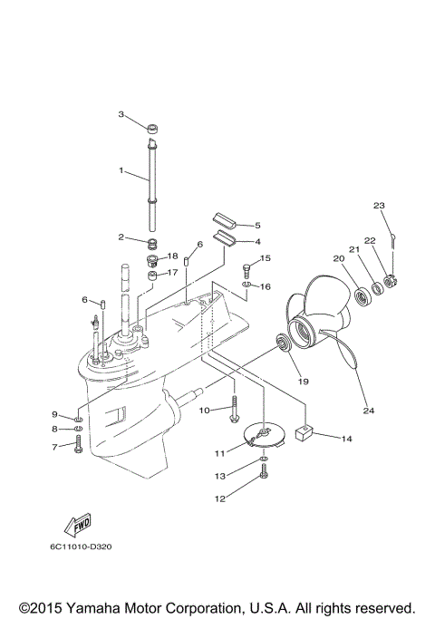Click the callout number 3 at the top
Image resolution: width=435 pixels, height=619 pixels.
tap(121, 114)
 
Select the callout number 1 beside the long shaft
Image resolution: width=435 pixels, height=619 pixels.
tap(121, 169)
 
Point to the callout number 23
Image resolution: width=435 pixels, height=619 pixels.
tap(379, 205)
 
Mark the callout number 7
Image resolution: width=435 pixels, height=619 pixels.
tap(53, 447)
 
